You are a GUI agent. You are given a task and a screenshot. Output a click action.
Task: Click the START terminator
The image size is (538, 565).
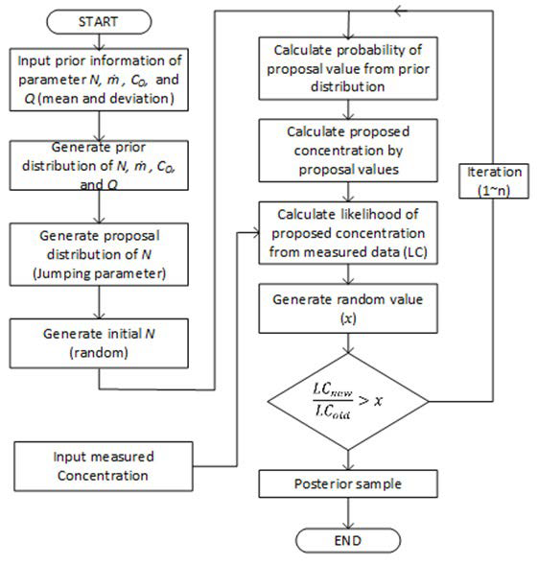[99, 19]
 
